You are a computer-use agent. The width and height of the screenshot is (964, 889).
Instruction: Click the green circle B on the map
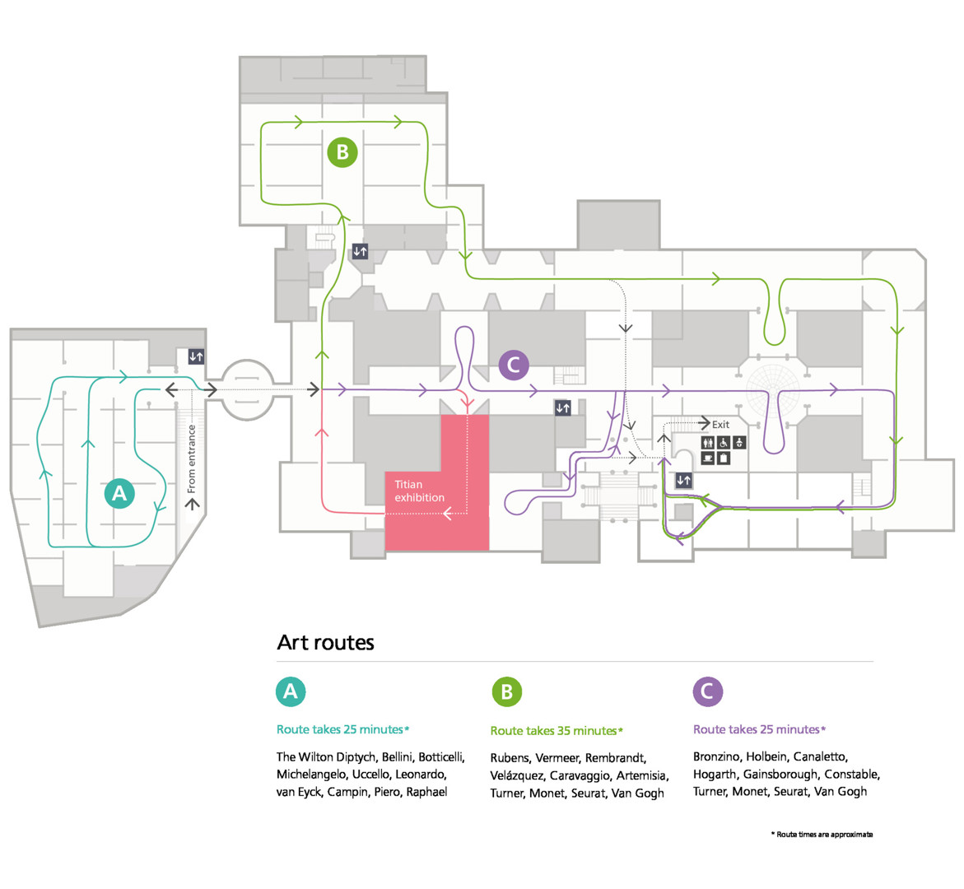(342, 152)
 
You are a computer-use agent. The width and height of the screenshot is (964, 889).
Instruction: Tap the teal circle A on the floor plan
(119, 493)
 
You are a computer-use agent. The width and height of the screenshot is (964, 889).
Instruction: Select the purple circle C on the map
(514, 365)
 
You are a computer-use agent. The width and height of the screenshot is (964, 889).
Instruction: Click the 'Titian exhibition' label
(419, 491)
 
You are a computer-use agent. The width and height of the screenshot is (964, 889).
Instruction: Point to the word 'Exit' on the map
(720, 425)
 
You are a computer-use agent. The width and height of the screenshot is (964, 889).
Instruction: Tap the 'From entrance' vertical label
(192, 458)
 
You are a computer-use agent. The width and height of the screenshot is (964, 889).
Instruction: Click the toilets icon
(707, 443)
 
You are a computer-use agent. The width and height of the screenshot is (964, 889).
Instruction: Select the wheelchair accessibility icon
(724, 443)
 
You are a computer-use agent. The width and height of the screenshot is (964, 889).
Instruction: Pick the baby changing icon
(739, 443)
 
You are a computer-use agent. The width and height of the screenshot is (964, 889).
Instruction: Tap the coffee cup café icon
(707, 458)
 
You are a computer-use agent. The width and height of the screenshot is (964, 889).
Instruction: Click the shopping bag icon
(724, 458)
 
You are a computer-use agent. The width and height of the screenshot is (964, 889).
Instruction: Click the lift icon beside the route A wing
(196, 356)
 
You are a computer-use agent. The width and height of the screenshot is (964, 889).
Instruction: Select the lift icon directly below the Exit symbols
(683, 480)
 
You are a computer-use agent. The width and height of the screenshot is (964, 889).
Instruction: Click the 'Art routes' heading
(325, 643)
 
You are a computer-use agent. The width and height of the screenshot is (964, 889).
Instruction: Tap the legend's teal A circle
(290, 691)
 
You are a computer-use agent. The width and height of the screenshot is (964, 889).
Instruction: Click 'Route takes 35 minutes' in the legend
(553, 731)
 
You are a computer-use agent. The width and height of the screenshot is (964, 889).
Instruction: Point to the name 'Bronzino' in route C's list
(716, 756)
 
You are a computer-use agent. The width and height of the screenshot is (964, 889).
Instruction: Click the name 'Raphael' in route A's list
(426, 792)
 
